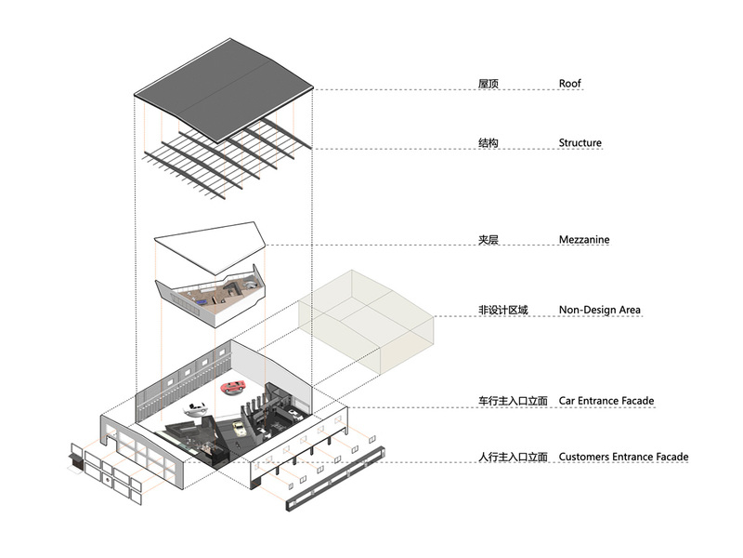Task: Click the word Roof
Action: point(569,84)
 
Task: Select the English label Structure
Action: point(580,143)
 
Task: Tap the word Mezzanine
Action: point(584,240)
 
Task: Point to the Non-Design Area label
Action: point(599,310)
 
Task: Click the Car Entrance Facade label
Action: point(606,401)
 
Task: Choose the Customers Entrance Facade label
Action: point(623,457)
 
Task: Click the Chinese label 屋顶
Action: point(489,84)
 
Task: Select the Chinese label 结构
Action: point(489,143)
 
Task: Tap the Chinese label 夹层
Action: point(489,240)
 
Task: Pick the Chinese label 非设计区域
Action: point(502,311)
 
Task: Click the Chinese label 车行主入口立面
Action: point(513,401)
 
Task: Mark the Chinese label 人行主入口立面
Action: point(513,457)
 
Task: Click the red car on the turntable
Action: point(234,387)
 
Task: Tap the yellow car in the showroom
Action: point(239,428)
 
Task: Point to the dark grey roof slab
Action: point(224,90)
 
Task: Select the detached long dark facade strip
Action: point(335,478)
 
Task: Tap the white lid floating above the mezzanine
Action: point(211,246)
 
